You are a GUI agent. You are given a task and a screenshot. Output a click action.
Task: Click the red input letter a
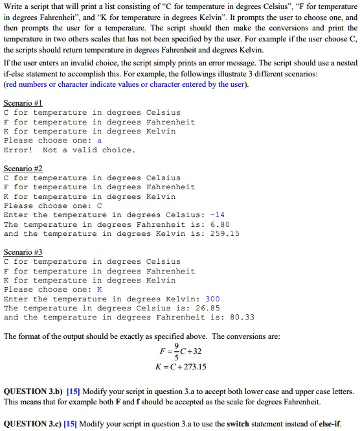pyautogui.click(x=99, y=140)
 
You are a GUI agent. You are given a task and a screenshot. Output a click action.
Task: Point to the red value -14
pyautogui.click(x=218, y=215)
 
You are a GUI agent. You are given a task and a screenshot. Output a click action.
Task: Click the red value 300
pyautogui.click(x=212, y=299)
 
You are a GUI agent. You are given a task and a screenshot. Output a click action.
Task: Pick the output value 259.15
pyautogui.click(x=225, y=233)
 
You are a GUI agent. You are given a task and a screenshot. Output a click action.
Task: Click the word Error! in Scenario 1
pyautogui.click(x=18, y=150)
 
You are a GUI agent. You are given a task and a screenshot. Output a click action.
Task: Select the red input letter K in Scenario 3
pyautogui.click(x=99, y=289)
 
